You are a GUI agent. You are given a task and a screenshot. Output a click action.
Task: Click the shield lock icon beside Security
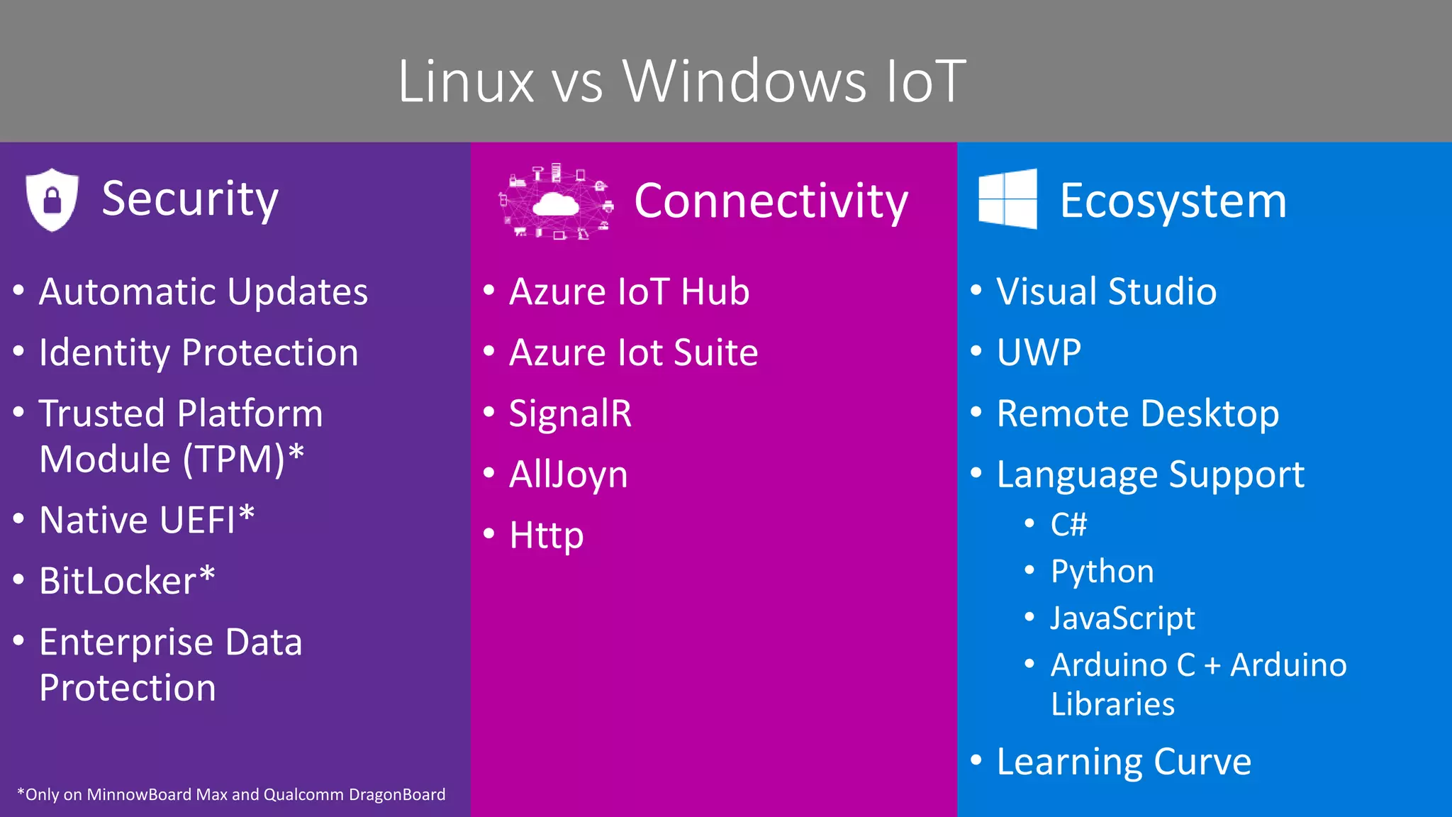click(x=52, y=200)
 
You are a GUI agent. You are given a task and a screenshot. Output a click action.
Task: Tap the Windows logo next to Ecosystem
click(x=1007, y=199)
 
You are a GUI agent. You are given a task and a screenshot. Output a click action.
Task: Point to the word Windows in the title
click(x=744, y=82)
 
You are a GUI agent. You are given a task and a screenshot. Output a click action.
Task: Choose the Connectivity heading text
click(x=771, y=201)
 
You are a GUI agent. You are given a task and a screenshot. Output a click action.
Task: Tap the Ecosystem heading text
click(x=1173, y=201)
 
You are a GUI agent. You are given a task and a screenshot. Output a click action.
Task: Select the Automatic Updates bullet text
click(x=203, y=291)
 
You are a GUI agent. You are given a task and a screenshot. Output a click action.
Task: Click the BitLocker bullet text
click(x=127, y=581)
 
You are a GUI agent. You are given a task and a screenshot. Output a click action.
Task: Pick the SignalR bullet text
click(x=570, y=413)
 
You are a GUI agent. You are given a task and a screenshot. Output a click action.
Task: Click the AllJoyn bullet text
click(x=568, y=474)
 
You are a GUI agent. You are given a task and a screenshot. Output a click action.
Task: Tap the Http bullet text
click(x=547, y=535)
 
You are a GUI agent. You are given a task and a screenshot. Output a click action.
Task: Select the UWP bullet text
click(x=1039, y=352)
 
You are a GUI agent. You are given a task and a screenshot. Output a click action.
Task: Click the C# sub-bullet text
click(x=1068, y=525)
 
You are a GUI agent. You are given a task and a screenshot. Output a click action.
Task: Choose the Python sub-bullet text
click(x=1102, y=572)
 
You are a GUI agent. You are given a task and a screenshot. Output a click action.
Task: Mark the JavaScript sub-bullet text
click(x=1122, y=618)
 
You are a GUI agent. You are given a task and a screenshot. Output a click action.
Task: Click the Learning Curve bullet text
click(x=1124, y=762)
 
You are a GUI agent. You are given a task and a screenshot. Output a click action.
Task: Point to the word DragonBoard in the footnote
click(x=397, y=795)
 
